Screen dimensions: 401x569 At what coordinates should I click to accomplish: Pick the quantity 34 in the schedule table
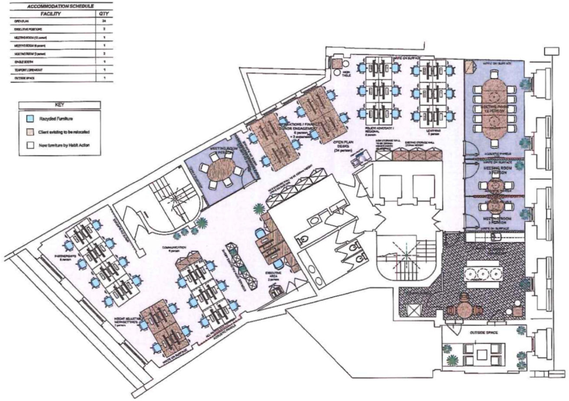click(x=102, y=22)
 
